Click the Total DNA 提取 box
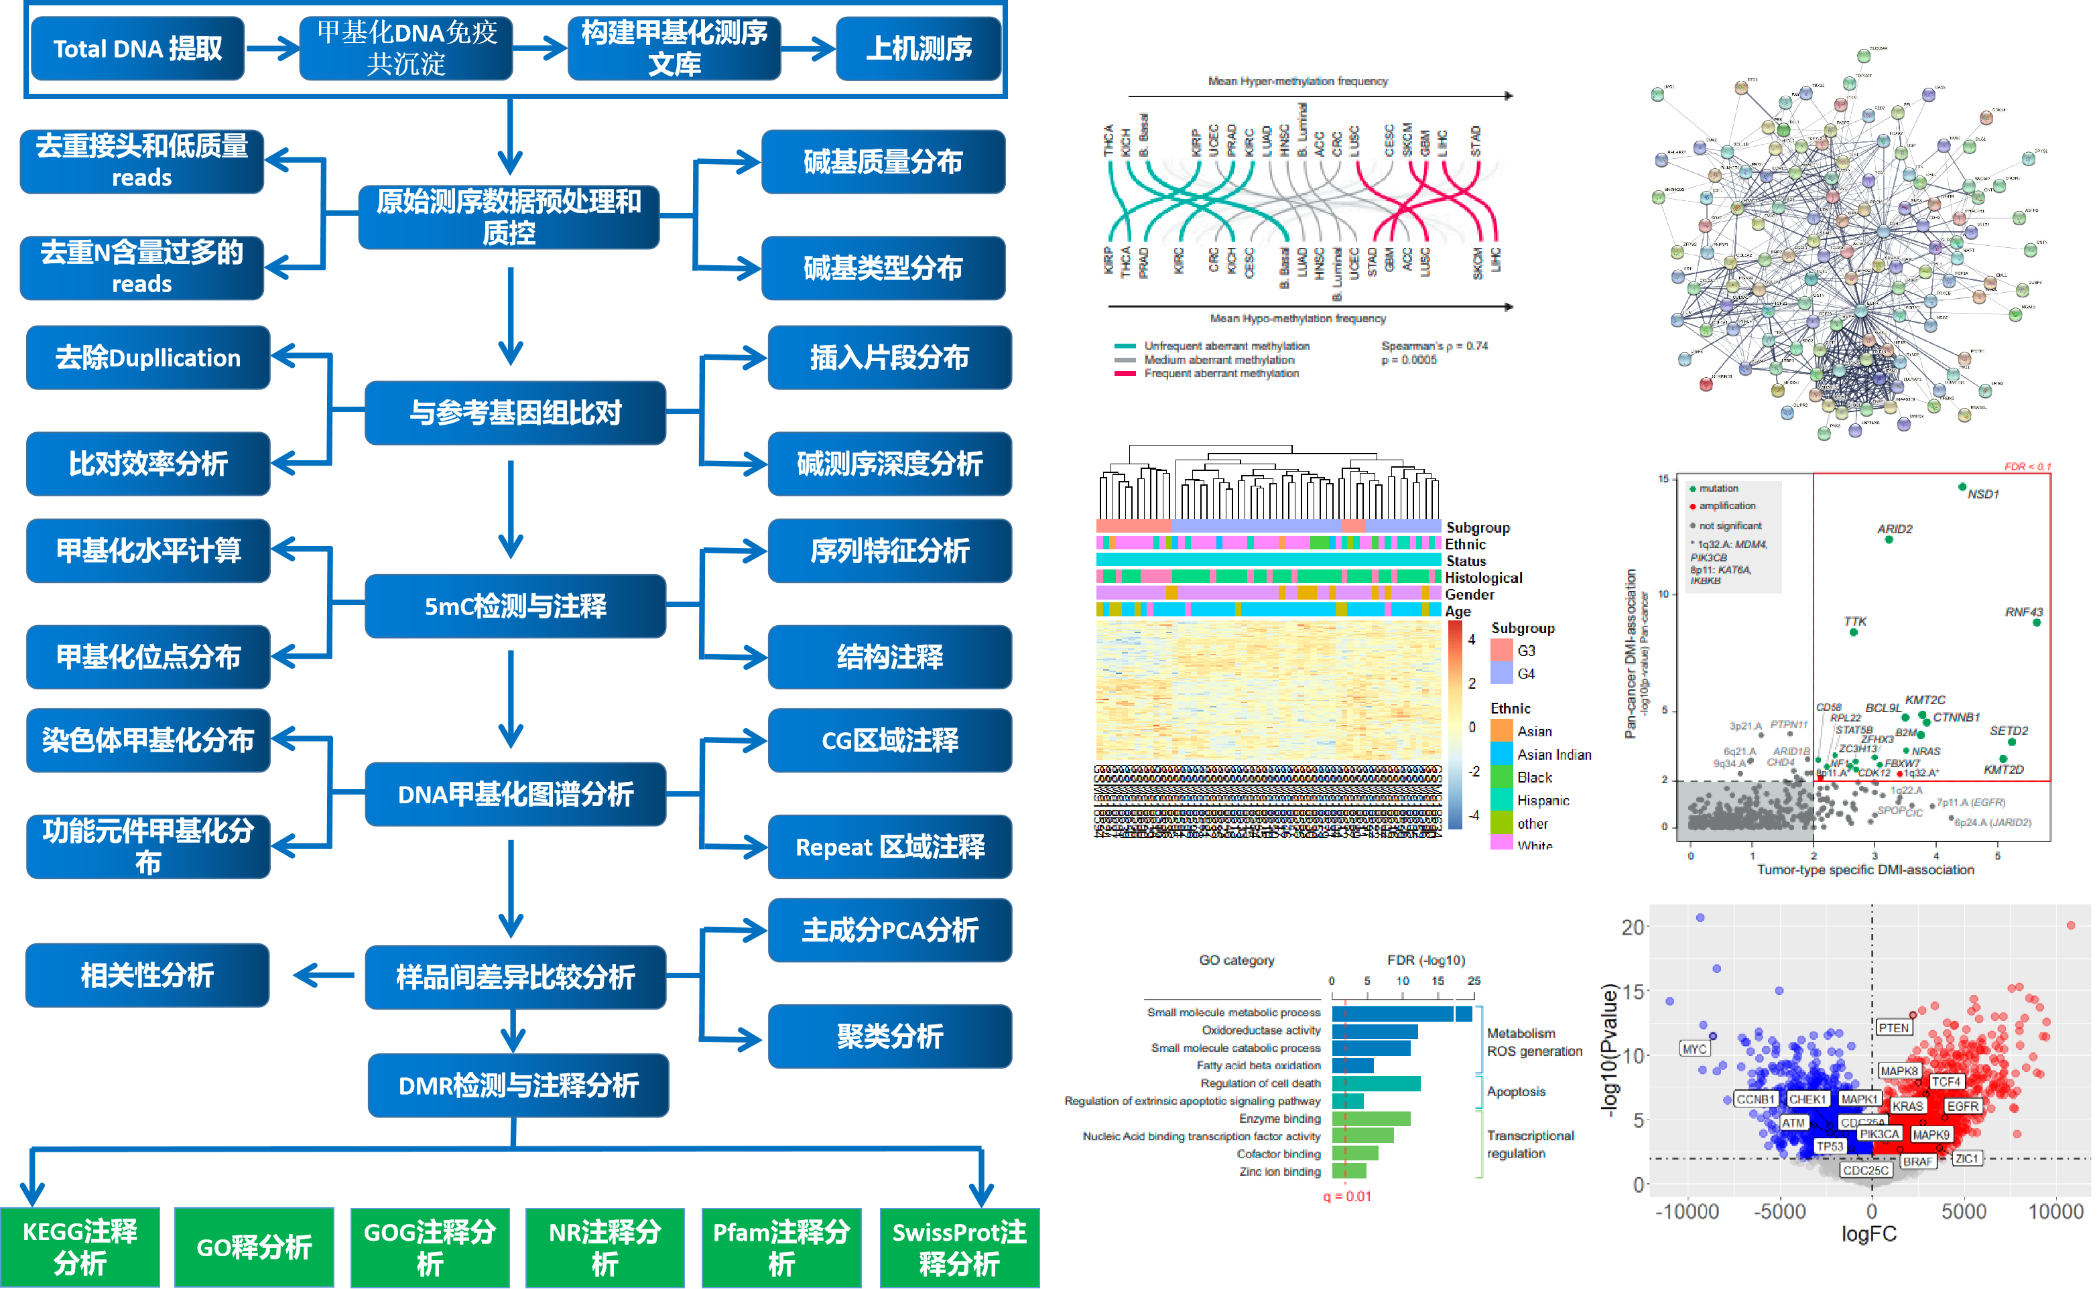point(137,49)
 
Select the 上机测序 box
point(918,49)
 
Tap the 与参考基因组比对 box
point(515,413)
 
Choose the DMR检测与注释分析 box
point(517,1085)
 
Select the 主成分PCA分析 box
point(889,930)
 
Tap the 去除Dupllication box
point(147,358)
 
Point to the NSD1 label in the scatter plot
point(1982,494)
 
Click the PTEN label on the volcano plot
point(1893,1028)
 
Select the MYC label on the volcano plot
point(1694,1049)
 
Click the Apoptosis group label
point(1515,1091)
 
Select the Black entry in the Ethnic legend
point(1534,778)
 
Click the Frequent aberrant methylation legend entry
point(1221,373)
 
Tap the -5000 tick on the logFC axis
point(1780,1211)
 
